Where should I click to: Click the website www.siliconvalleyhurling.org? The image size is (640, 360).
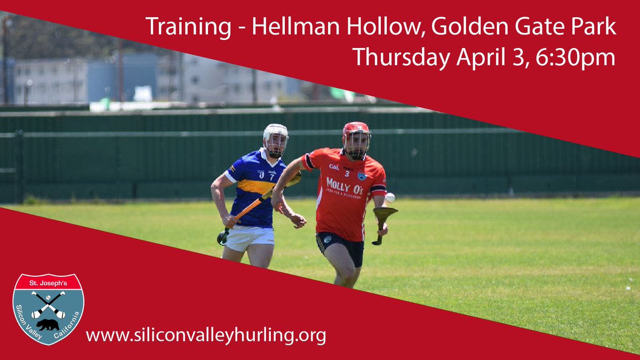pyautogui.click(x=206, y=335)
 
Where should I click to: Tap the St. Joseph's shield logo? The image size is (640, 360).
pyautogui.click(x=48, y=309)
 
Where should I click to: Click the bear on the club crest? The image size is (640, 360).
pyautogui.click(x=48, y=324)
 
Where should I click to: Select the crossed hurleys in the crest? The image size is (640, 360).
pyautogui.click(x=48, y=304)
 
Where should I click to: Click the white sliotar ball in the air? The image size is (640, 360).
pyautogui.click(x=390, y=197)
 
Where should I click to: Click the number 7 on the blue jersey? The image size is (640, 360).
pyautogui.click(x=271, y=174)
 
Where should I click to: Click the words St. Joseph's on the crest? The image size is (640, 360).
pyautogui.click(x=48, y=281)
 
